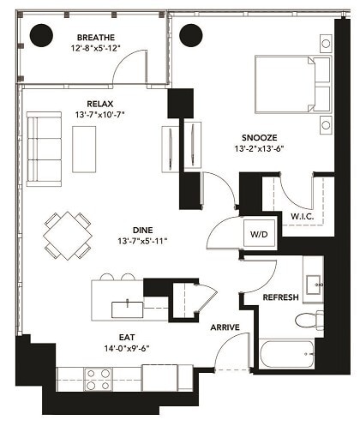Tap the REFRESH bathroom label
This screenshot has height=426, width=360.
coord(280,297)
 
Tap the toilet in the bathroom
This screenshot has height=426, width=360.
coord(308,321)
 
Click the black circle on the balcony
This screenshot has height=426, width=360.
coord(42,35)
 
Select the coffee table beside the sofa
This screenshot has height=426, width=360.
coord(85,147)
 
